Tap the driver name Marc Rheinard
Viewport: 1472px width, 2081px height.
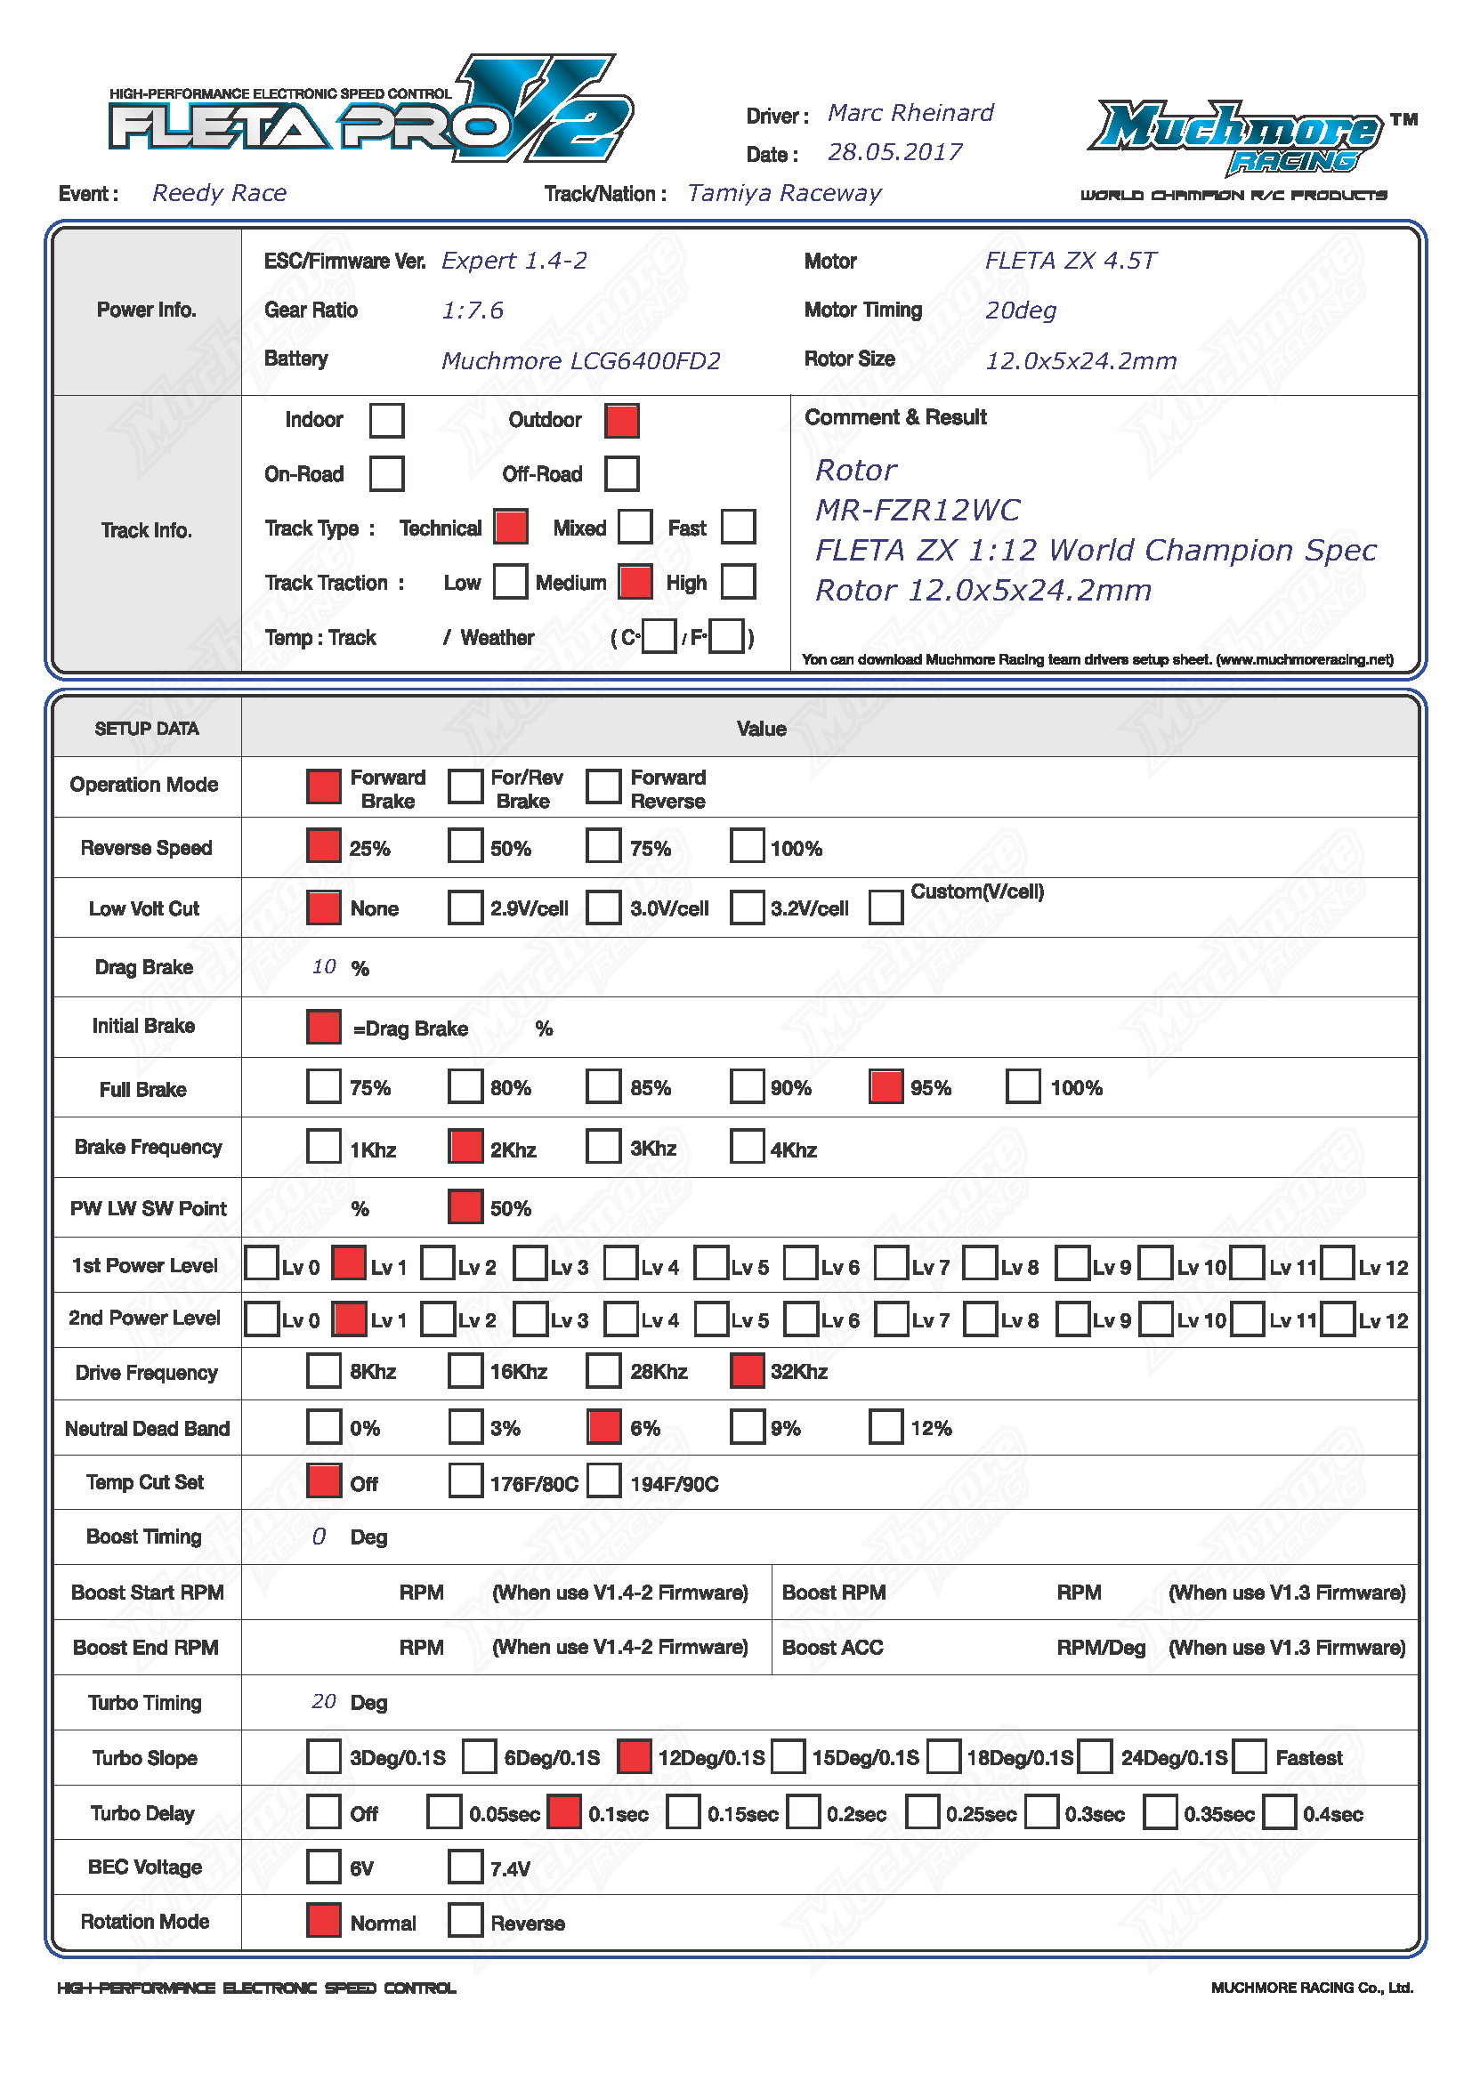[x=910, y=113]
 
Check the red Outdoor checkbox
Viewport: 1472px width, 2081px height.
[x=622, y=421]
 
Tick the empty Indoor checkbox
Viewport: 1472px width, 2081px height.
[x=387, y=421]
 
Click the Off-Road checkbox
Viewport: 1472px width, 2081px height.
[x=622, y=474]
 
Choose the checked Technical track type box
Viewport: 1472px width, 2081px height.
[x=510, y=527]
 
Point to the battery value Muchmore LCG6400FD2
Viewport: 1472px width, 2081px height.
[x=580, y=360]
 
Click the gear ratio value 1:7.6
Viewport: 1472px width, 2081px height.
[x=472, y=311]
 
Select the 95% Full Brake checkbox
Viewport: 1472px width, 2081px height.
[x=886, y=1086]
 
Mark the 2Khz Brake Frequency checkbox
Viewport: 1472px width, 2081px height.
[x=465, y=1147]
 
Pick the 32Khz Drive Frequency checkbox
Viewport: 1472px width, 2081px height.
[x=747, y=1370]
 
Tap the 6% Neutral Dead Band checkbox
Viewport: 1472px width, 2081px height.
[x=604, y=1426]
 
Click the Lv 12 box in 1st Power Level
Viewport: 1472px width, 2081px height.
[x=1338, y=1263]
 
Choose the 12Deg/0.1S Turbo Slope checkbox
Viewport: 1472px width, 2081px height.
[x=634, y=1756]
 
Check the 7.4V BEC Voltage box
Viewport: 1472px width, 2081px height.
[x=465, y=1867]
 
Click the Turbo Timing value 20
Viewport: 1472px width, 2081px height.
[x=324, y=1701]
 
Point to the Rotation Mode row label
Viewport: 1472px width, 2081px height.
[x=145, y=1922]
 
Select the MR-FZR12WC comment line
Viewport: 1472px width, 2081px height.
[x=918, y=511]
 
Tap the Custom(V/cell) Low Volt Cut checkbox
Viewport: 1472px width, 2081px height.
[x=886, y=907]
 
